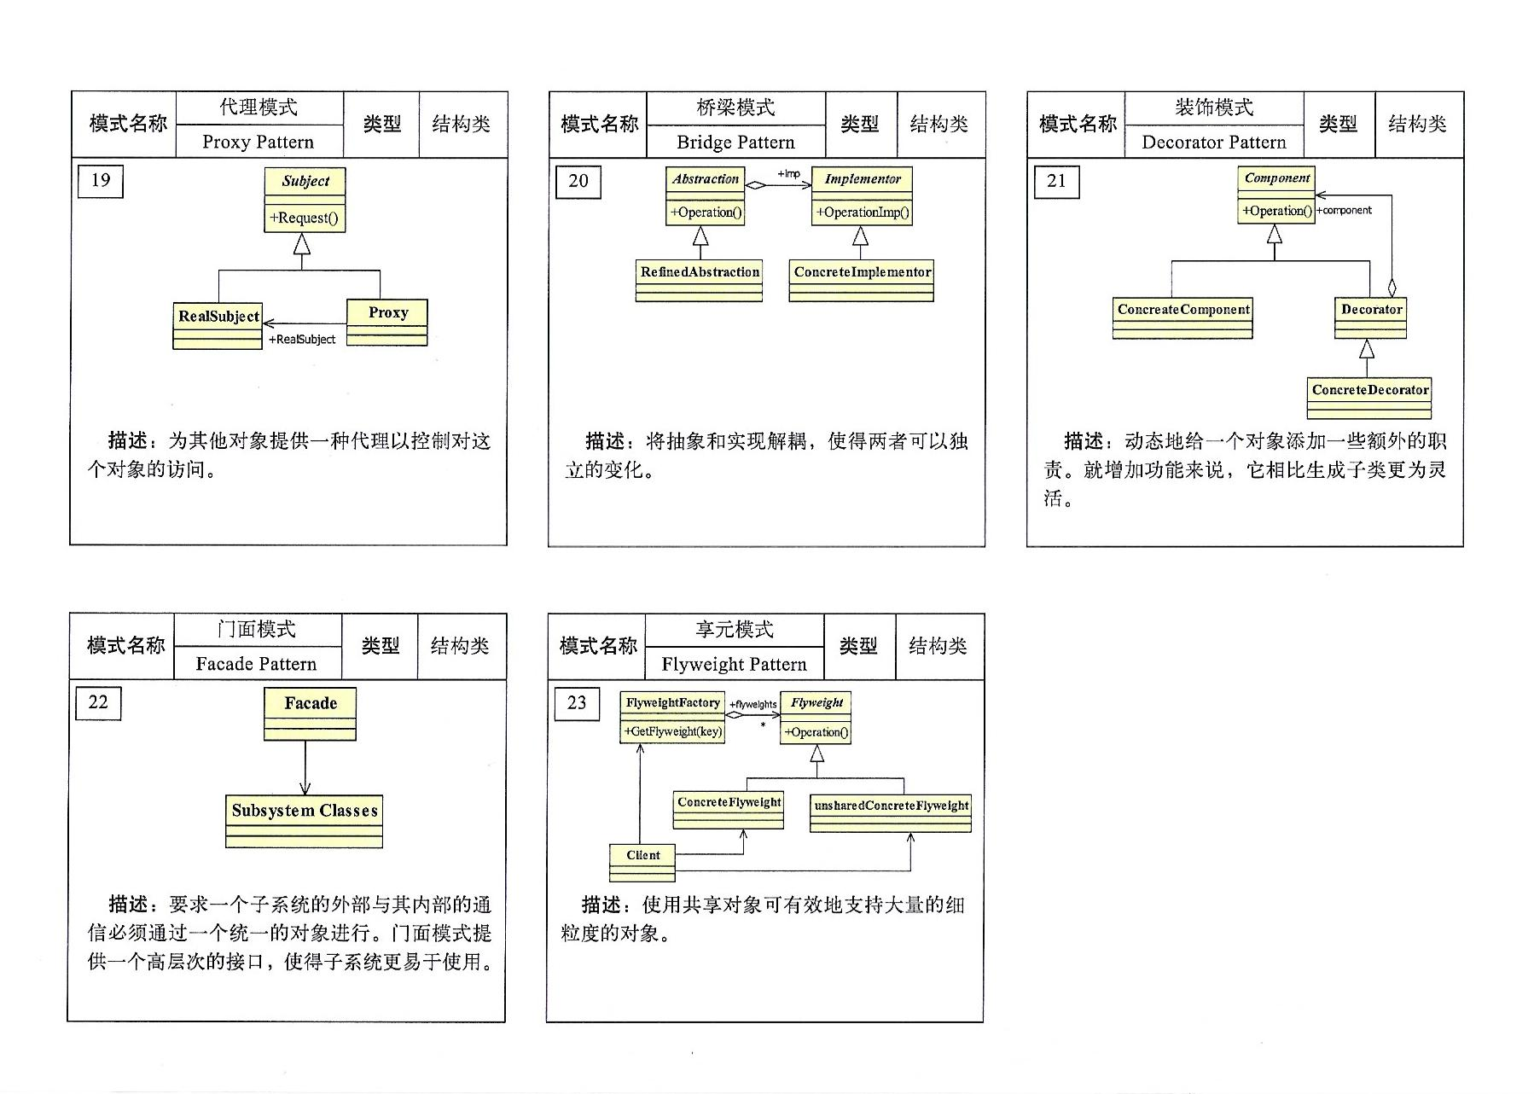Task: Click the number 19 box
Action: [100, 181]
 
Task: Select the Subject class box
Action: [305, 199]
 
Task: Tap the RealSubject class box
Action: [218, 325]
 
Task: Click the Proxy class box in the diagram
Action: [387, 321]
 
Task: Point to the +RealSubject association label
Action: [302, 340]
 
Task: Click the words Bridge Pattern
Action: [735, 142]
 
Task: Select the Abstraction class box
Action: [705, 195]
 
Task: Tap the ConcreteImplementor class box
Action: [861, 280]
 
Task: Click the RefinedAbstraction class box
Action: [699, 280]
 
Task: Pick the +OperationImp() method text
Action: [863, 212]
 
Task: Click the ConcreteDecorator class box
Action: [1369, 398]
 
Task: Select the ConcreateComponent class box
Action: [1182, 317]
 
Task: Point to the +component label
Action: [1344, 210]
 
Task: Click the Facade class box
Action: [310, 713]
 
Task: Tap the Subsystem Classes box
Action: [304, 820]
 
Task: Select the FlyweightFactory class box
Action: [672, 717]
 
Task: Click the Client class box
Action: [642, 862]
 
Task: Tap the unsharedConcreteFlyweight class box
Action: [891, 813]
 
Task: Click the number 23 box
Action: [577, 703]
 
